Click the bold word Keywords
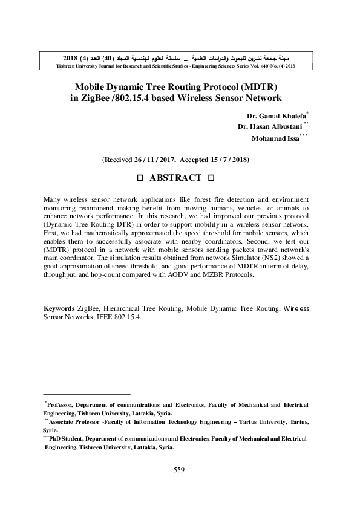tap(59, 308)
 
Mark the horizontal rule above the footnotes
tap(87, 394)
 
